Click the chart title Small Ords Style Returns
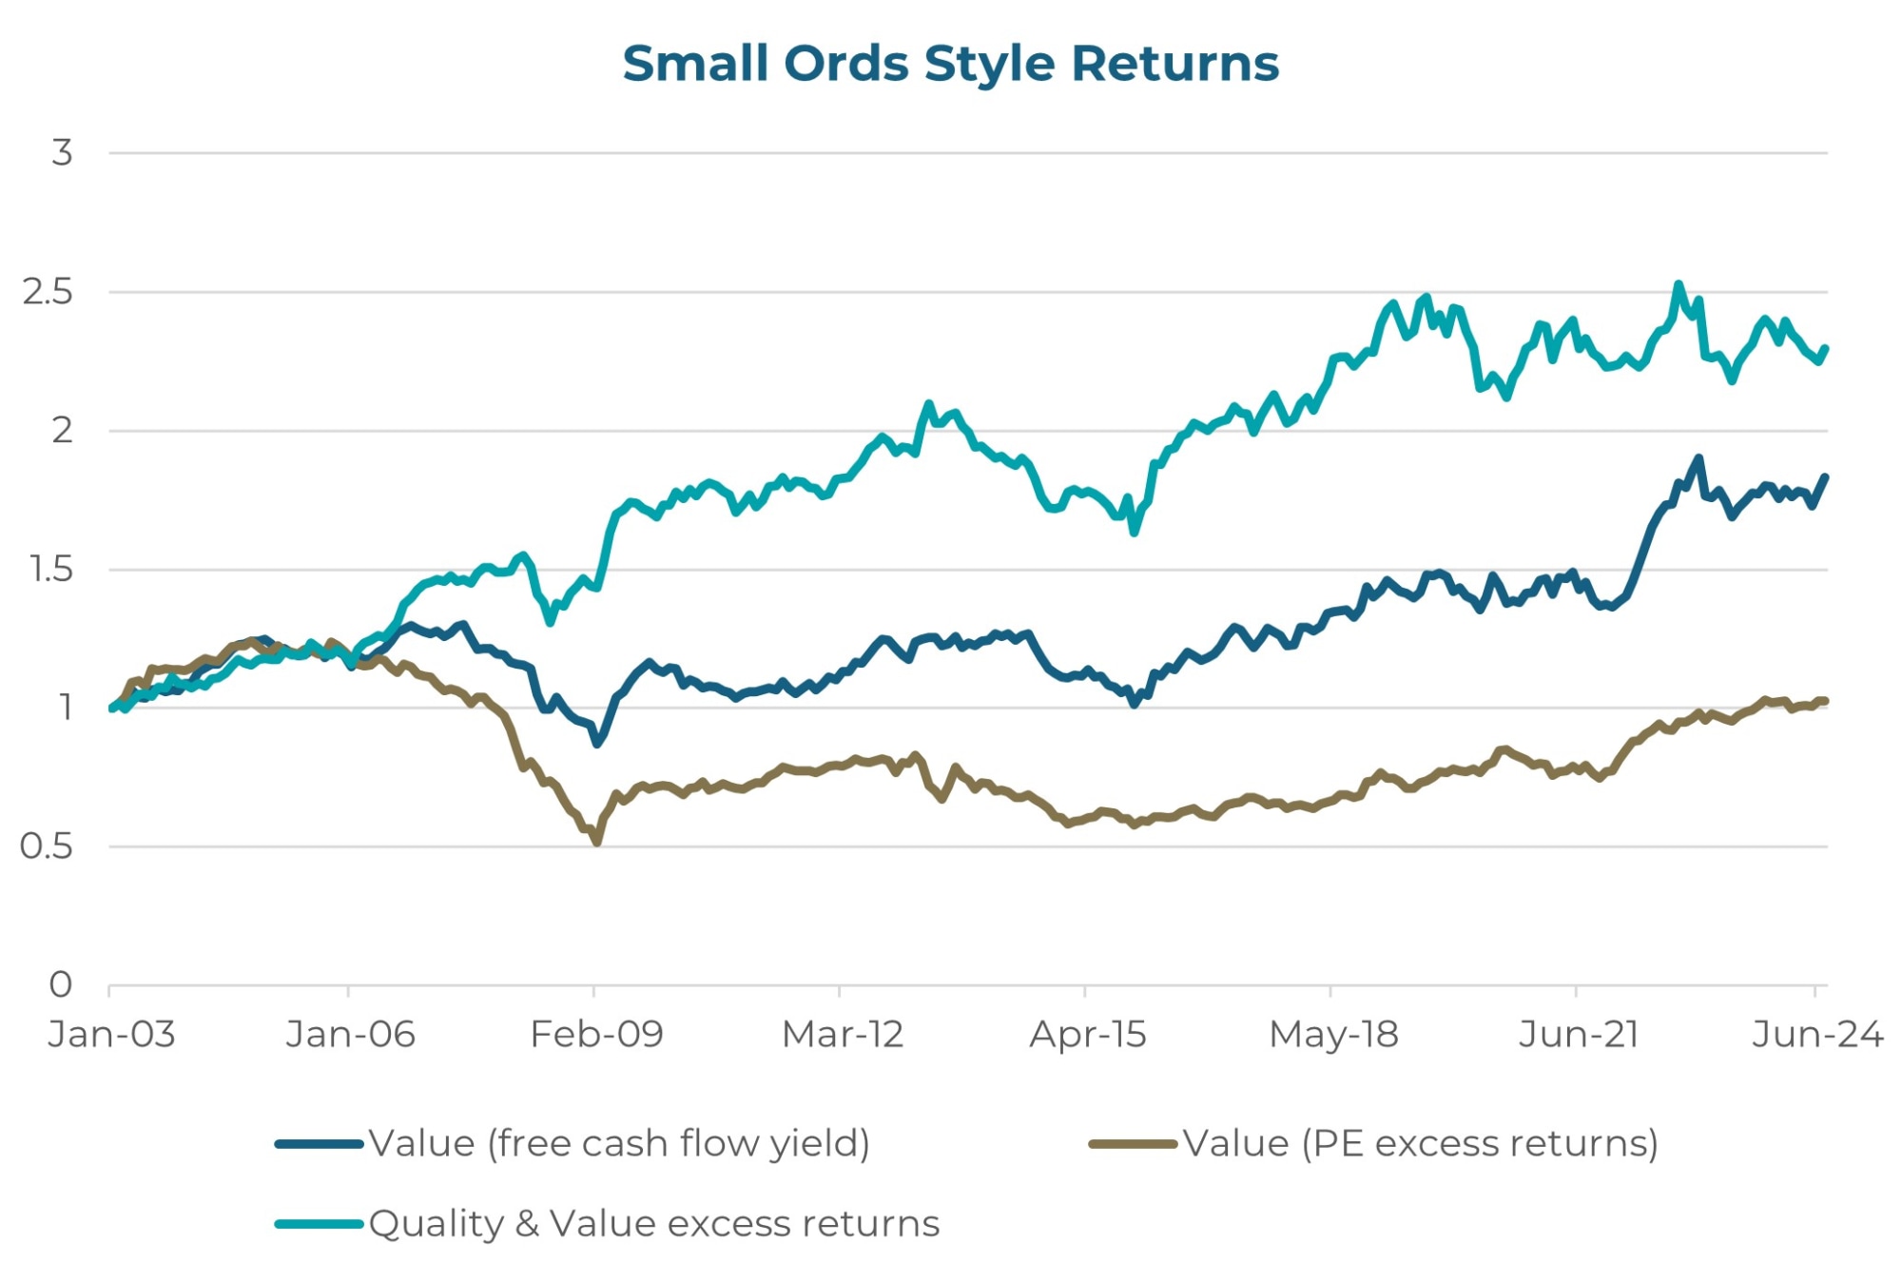950,64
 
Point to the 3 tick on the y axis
62,152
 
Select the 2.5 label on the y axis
48,292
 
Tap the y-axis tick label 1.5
51,569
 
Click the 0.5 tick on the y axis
46,845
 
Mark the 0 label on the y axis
61,984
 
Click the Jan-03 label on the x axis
111,1034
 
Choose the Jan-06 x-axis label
350,1034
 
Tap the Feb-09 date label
596,1034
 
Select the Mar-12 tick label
842,1034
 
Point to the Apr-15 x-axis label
1087,1034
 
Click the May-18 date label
1333,1034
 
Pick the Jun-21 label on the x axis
1579,1034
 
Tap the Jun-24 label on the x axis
1816,1034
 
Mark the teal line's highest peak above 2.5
1679,284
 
